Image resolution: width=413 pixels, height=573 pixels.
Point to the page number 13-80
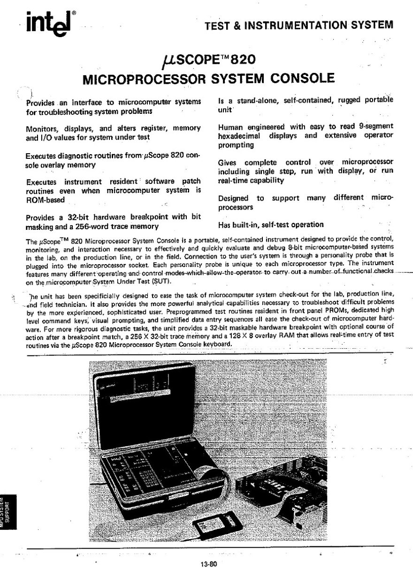207,563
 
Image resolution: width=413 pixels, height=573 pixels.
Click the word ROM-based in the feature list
45,200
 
